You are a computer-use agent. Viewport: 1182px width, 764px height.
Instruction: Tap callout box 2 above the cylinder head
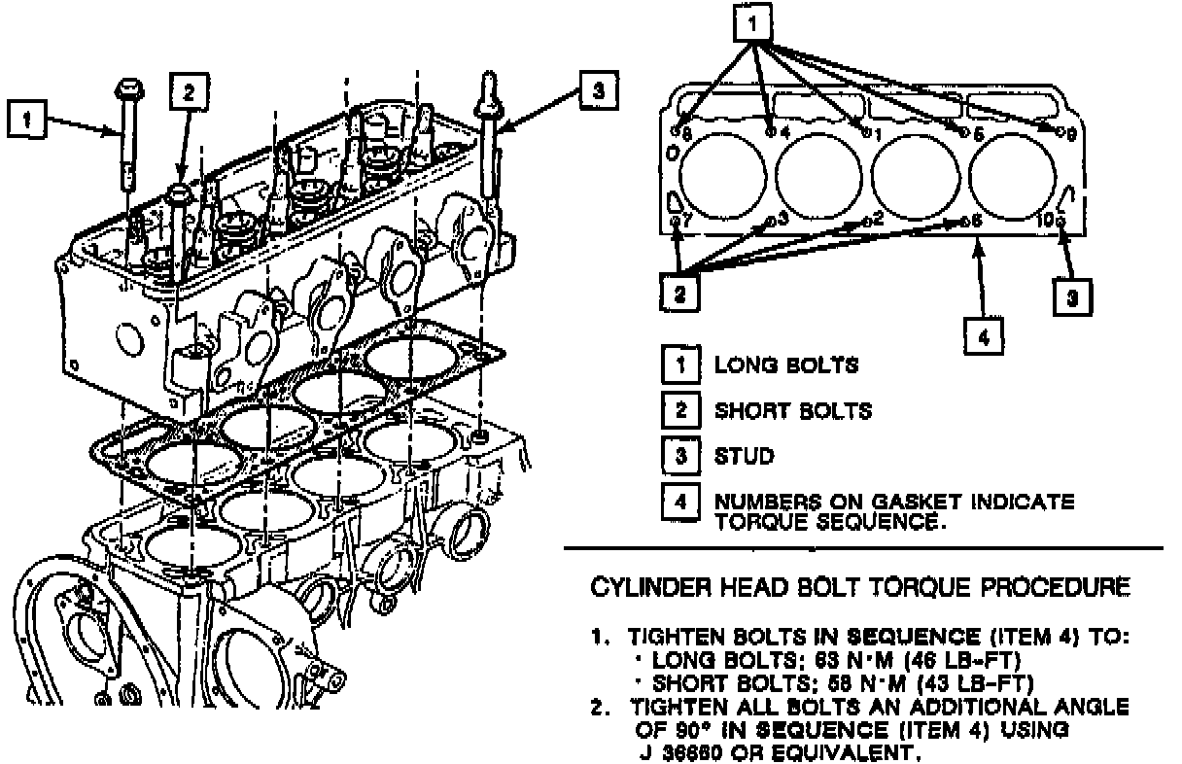click(x=188, y=90)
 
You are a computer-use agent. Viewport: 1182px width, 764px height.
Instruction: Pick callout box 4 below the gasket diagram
click(x=984, y=337)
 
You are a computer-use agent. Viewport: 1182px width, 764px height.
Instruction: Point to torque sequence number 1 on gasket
click(x=875, y=132)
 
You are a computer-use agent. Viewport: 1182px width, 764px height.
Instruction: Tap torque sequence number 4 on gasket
click(x=783, y=131)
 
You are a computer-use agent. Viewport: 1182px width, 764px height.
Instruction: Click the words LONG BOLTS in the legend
click(x=786, y=365)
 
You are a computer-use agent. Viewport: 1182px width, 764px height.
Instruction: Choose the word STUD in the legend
click(x=745, y=455)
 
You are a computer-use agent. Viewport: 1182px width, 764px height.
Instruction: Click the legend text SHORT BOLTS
click(x=793, y=410)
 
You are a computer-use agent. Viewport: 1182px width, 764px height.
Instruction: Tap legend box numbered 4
click(x=680, y=502)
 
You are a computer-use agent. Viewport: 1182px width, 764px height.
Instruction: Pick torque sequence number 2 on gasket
click(x=877, y=218)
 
